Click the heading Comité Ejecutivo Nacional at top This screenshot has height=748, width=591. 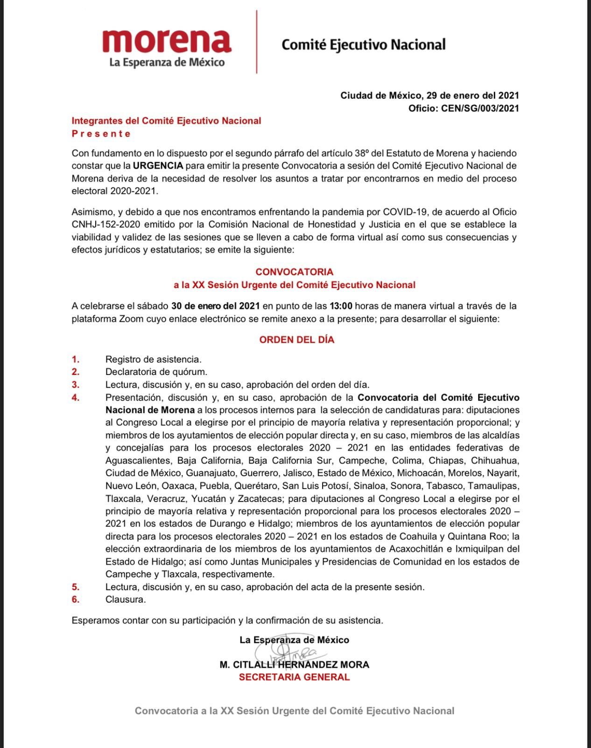click(364, 44)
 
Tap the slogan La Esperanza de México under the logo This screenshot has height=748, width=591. click(167, 62)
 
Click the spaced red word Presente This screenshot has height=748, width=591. click(101, 134)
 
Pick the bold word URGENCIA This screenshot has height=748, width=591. click(158, 165)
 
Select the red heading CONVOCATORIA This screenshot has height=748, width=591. click(294, 272)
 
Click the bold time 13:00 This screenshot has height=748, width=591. click(341, 306)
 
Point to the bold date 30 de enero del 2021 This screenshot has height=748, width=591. click(215, 306)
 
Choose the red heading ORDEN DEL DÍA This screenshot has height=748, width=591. click(297, 340)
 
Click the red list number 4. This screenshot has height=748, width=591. click(76, 397)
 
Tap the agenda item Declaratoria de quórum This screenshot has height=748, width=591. click(156, 372)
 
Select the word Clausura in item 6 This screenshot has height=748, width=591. click(126, 599)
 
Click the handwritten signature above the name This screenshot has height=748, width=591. click(286, 652)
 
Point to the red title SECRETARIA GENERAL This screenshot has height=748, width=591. click(294, 677)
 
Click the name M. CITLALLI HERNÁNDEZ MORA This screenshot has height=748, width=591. click(294, 664)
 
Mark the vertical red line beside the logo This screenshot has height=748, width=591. click(257, 42)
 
